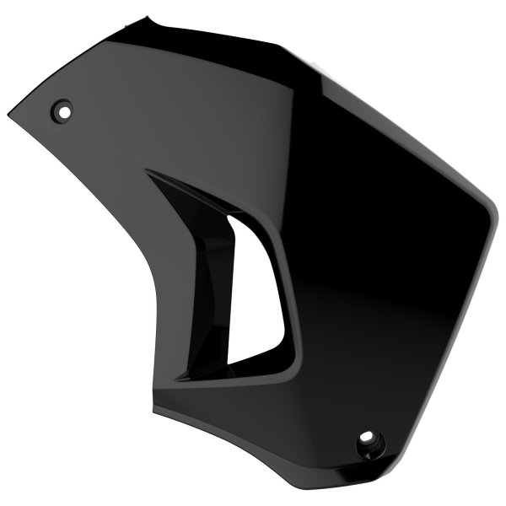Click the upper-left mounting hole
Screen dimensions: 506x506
tap(63, 109)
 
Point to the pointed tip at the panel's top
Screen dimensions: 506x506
tap(149, 16)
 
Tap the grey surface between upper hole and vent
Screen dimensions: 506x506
tap(110, 143)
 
